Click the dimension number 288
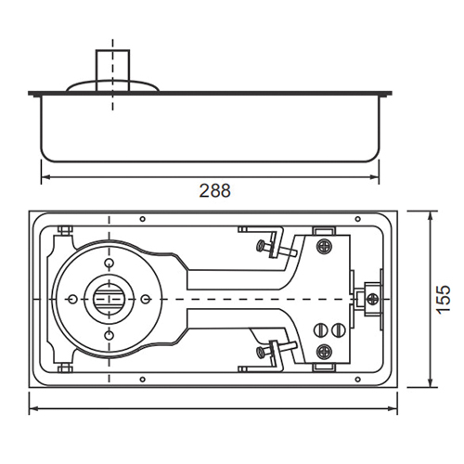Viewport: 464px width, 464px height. (x=214, y=190)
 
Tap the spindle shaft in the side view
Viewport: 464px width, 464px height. (x=112, y=71)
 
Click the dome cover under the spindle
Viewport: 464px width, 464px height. (x=112, y=85)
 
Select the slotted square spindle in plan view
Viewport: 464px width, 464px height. (x=109, y=299)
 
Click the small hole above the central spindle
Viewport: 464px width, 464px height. (x=109, y=263)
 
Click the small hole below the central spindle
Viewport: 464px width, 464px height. (x=109, y=334)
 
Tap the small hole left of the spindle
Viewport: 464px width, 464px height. (x=72, y=299)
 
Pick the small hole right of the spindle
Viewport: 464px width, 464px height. (x=145, y=299)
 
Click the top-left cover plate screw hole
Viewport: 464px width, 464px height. (x=142, y=219)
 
